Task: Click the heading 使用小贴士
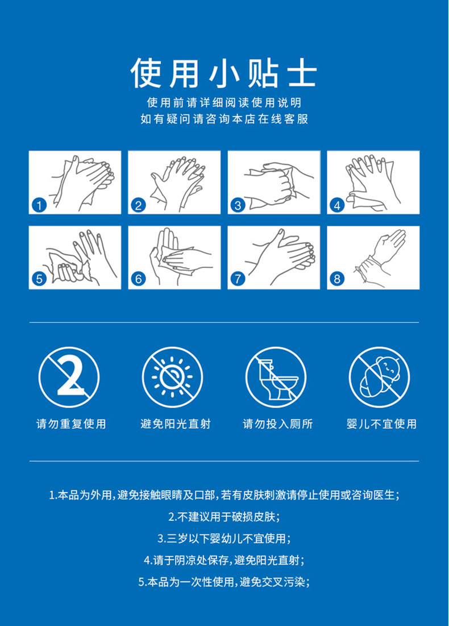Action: [x=224, y=73]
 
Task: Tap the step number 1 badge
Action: [x=39, y=206]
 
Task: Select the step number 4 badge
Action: [x=337, y=206]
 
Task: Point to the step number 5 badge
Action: [x=39, y=279]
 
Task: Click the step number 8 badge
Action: [x=337, y=279]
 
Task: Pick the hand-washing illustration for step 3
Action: [x=274, y=182]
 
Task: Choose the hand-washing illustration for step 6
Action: [x=174, y=258]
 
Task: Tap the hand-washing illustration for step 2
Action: [x=174, y=182]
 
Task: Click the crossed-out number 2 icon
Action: [x=69, y=377]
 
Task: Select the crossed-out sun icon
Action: [x=172, y=377]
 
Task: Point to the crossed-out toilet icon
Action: [x=276, y=377]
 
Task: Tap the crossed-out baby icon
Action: [x=380, y=377]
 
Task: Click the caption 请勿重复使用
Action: [x=71, y=424]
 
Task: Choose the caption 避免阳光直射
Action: [x=175, y=424]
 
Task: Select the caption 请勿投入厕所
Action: [x=278, y=424]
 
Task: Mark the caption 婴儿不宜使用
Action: [x=381, y=424]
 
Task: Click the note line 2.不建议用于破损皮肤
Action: [x=224, y=517]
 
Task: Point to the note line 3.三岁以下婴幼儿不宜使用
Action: [x=224, y=538]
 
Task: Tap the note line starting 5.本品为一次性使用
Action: [x=224, y=582]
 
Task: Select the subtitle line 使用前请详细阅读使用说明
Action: [x=224, y=102]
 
